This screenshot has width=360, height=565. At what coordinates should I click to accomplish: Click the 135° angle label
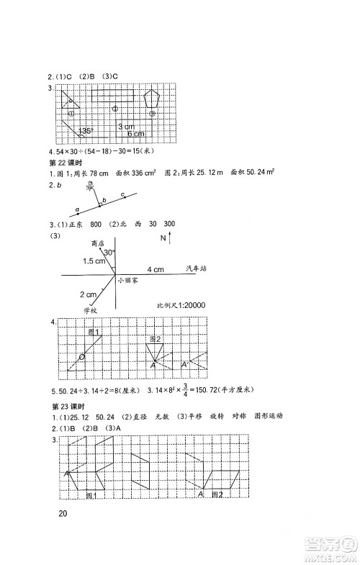coord(88,130)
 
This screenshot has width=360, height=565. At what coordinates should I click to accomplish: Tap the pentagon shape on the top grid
coord(153,98)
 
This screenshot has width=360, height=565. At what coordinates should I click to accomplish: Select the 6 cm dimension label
coord(135,134)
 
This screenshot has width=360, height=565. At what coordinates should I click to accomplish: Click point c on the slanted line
coord(123,195)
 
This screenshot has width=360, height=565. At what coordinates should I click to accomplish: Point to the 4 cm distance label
coord(156,268)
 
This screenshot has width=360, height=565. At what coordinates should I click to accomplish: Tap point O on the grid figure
coord(81,358)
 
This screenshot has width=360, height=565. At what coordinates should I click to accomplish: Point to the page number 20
coord(63,513)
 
